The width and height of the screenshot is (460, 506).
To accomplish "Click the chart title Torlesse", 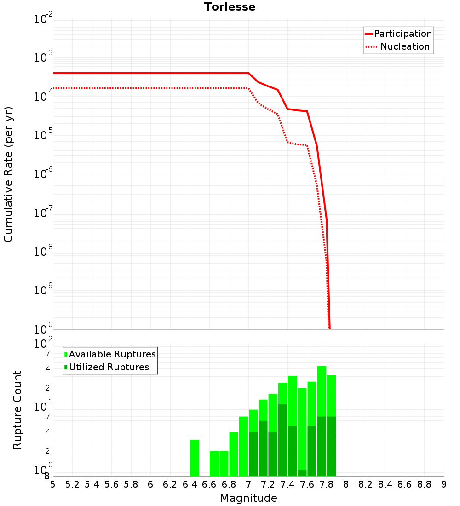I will coord(230,7).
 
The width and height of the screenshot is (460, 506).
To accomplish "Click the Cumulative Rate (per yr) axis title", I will coord(8,174).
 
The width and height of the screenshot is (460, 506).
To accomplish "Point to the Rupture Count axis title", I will coord(17,409).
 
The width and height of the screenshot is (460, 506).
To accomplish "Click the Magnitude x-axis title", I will coord(248,498).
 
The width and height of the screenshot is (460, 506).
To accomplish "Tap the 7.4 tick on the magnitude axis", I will coord(287,484).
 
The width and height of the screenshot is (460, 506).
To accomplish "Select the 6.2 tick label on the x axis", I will coord(170,484).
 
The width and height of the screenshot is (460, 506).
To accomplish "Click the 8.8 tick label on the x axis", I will coord(424,484).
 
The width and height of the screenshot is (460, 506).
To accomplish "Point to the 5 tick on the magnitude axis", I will coord(53,484).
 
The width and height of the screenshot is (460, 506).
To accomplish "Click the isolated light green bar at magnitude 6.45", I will coord(195,458).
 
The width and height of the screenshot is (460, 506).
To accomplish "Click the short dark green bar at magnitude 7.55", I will coord(302,473).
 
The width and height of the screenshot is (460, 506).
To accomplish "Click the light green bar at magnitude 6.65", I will coord(214,463).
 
